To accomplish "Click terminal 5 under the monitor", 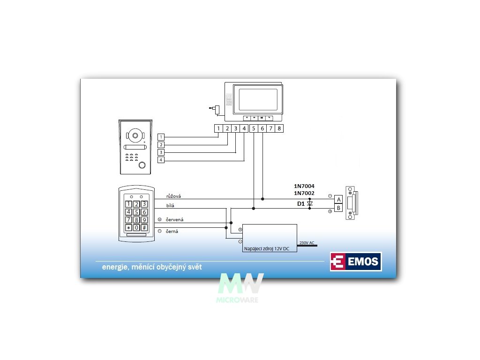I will (253, 128).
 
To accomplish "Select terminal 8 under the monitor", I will (279, 128).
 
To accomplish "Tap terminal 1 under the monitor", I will (218, 128).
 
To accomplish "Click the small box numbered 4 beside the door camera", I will (161, 160).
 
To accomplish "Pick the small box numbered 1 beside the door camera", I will (161, 137).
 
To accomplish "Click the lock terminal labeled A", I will (338, 199).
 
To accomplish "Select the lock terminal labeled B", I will (338, 208).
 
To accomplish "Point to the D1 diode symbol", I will (309, 204).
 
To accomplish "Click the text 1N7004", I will (304, 186).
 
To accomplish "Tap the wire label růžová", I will (173, 196).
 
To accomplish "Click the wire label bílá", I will (171, 206).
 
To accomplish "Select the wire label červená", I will (175, 219).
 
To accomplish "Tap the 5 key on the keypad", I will (136, 212).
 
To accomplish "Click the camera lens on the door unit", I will (135, 136).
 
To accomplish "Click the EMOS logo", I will (356, 262).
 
